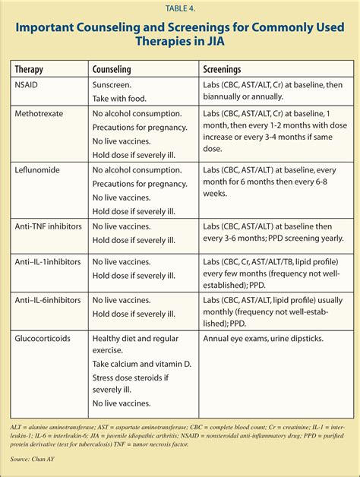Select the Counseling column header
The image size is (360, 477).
pyautogui.click(x=116, y=70)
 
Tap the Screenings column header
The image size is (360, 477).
pyautogui.click(x=226, y=70)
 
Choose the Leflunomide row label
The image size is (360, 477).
pyautogui.click(x=40, y=170)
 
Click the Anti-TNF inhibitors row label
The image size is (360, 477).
pyautogui.click(x=48, y=226)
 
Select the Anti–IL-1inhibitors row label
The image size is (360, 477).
pyautogui.click(x=49, y=263)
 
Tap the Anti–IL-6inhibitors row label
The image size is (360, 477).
pyautogui.click(x=49, y=300)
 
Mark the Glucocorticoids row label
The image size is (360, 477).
pyautogui.click(x=44, y=337)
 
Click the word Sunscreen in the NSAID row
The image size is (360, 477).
pyautogui.click(x=112, y=86)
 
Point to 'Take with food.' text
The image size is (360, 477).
pyautogui.click(x=119, y=100)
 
